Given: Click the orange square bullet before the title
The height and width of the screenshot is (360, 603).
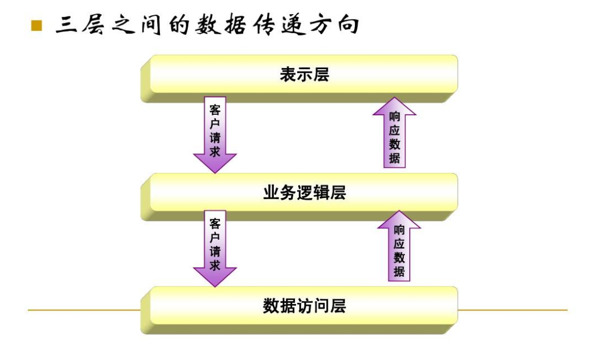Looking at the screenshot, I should tap(36, 26).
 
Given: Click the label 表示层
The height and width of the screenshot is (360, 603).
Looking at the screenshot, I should tap(304, 75).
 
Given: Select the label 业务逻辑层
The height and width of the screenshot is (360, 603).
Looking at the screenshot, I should tap(304, 193).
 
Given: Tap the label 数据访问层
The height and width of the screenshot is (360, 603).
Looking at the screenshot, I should tap(304, 306).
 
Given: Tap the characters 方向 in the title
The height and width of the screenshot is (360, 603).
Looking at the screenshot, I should tap(336, 25).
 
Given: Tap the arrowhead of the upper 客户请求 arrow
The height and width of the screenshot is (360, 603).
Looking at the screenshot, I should tap(215, 163).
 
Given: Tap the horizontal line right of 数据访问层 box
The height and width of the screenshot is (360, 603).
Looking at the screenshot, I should tap(512, 311).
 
